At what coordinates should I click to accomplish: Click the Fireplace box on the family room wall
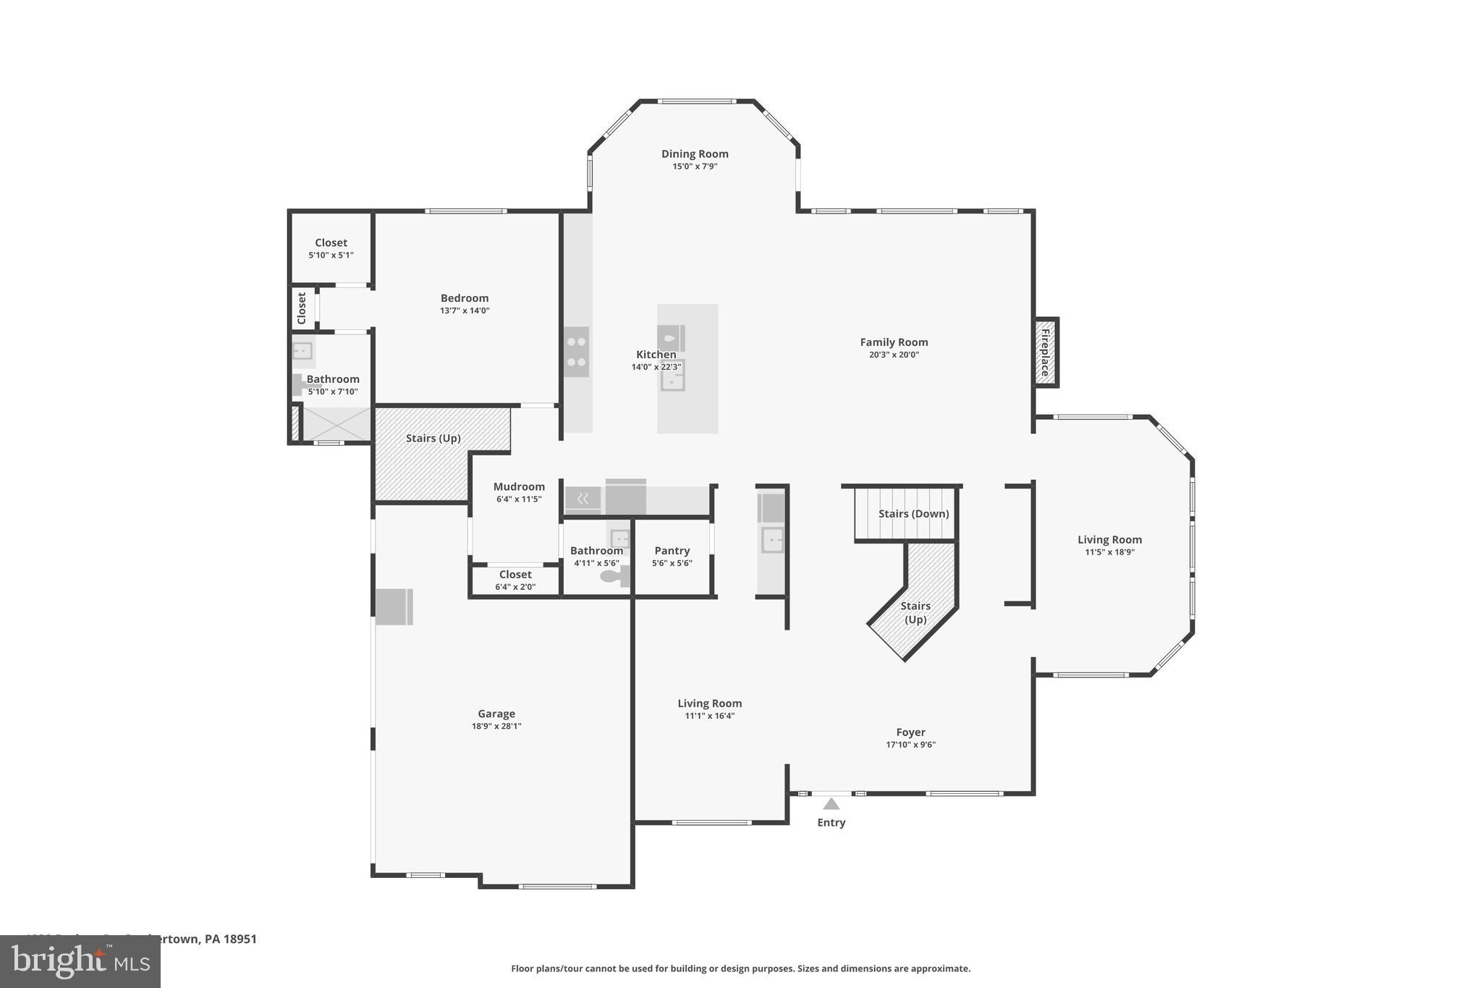1046,352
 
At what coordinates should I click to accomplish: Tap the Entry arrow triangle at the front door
831,803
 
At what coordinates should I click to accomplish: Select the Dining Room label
694,153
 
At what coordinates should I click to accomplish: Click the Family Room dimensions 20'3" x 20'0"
894,355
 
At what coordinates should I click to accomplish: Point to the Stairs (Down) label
913,513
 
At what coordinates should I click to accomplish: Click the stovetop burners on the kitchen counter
576,352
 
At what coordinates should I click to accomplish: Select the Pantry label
672,551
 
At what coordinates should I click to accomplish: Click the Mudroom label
519,486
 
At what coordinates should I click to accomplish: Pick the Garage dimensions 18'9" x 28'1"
496,726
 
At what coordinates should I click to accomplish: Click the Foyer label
910,732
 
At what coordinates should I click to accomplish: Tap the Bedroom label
465,297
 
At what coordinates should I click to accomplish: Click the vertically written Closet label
302,308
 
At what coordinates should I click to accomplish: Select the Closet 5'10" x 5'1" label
331,242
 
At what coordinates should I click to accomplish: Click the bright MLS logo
80,961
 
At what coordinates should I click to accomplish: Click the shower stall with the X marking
336,423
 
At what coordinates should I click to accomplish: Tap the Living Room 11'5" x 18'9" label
1109,539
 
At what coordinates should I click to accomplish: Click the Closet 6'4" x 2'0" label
515,575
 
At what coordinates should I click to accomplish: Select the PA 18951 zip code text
230,939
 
